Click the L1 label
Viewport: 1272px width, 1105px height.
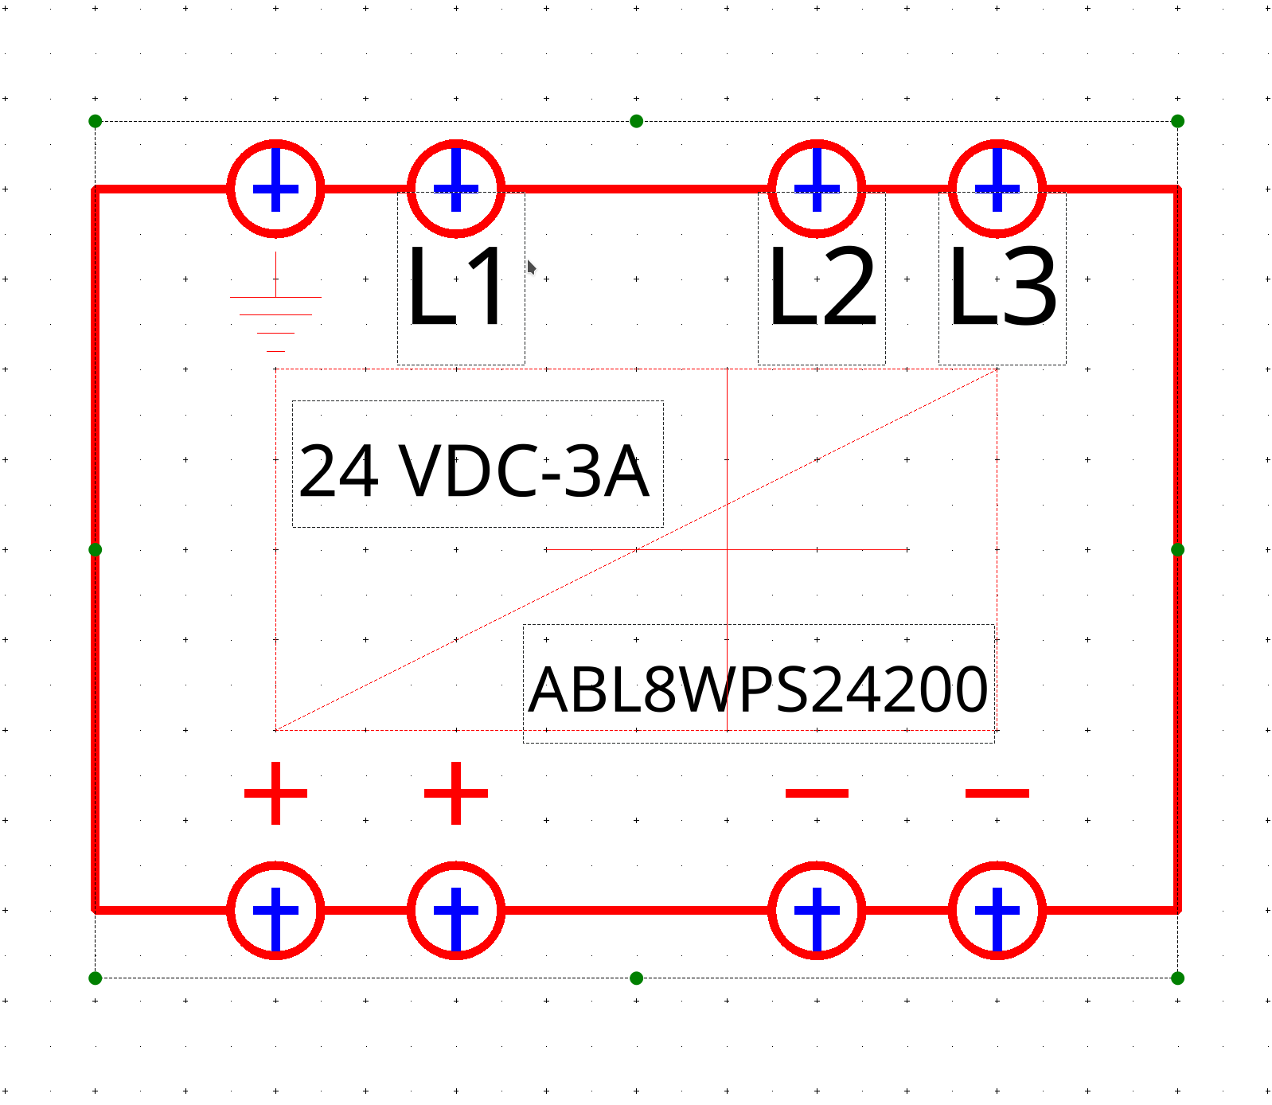tap(456, 286)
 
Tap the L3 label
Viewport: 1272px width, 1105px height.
tap(1003, 286)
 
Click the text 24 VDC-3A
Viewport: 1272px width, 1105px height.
tap(474, 471)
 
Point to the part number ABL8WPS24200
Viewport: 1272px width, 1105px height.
tap(759, 689)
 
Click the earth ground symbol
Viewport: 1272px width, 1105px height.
tap(275, 303)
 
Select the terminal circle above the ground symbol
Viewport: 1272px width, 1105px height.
tap(275, 189)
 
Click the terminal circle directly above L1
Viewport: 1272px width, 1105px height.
tap(456, 189)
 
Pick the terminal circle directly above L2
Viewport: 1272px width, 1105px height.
tap(817, 189)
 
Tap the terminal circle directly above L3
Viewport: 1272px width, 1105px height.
tap(997, 189)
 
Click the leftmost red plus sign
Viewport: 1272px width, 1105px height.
tap(275, 793)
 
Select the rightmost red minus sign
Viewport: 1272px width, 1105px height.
tap(997, 793)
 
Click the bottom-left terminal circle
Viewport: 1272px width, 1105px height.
tap(275, 910)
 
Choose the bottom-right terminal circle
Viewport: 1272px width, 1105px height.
tap(997, 910)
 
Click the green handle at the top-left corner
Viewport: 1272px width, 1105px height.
tap(96, 121)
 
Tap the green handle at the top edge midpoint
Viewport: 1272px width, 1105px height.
tap(636, 121)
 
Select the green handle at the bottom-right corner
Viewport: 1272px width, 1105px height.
tap(1178, 978)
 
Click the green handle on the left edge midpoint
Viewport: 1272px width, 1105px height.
tap(96, 549)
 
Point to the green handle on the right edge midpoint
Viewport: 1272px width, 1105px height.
tap(1178, 549)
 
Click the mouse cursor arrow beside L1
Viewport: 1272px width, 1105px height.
tap(531, 267)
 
